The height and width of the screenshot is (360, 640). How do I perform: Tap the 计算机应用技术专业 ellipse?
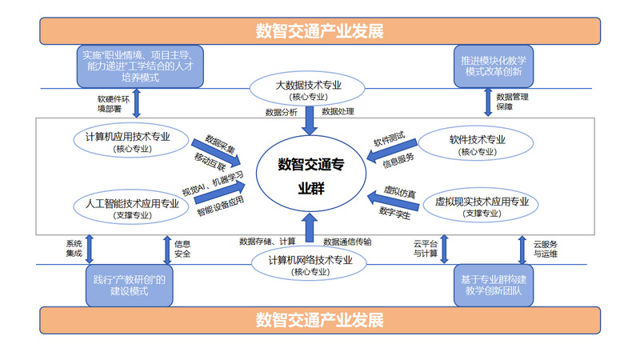128,141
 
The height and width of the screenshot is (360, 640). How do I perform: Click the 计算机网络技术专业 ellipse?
309,264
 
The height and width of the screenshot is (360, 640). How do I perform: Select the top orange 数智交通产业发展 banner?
320,31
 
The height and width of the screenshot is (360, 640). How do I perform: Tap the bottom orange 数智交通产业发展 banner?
320,320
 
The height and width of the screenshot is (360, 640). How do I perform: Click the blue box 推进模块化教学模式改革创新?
491,66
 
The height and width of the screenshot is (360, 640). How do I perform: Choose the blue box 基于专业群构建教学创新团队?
491,285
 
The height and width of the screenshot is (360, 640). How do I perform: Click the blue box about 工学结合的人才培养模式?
139,66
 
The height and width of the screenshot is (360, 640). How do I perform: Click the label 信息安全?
182,249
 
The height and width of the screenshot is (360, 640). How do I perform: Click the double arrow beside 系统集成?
89,249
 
